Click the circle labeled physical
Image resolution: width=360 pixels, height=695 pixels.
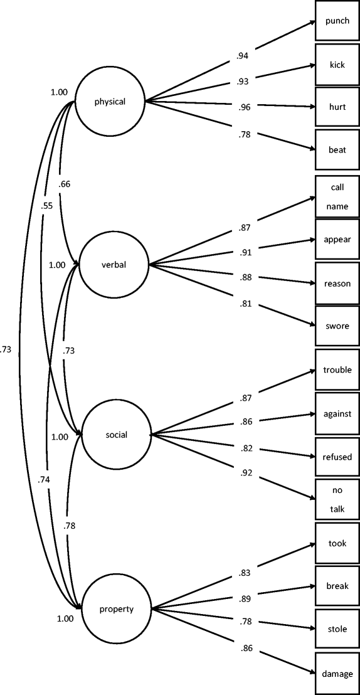(x=110, y=102)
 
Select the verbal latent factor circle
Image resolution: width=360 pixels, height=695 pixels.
(x=114, y=265)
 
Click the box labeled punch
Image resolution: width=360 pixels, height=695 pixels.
(x=337, y=21)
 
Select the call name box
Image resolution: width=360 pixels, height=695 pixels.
(x=337, y=196)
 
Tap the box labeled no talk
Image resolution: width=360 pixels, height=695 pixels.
(x=337, y=499)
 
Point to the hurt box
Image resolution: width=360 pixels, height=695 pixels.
(x=337, y=107)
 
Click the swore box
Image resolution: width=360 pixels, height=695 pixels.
(x=337, y=326)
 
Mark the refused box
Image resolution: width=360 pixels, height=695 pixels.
(x=337, y=457)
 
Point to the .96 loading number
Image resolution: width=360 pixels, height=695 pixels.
(x=245, y=107)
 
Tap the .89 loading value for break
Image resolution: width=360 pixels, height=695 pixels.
(x=246, y=599)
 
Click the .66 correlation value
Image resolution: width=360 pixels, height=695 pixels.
(x=65, y=184)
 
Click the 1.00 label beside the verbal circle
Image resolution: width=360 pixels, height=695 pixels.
(x=57, y=265)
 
